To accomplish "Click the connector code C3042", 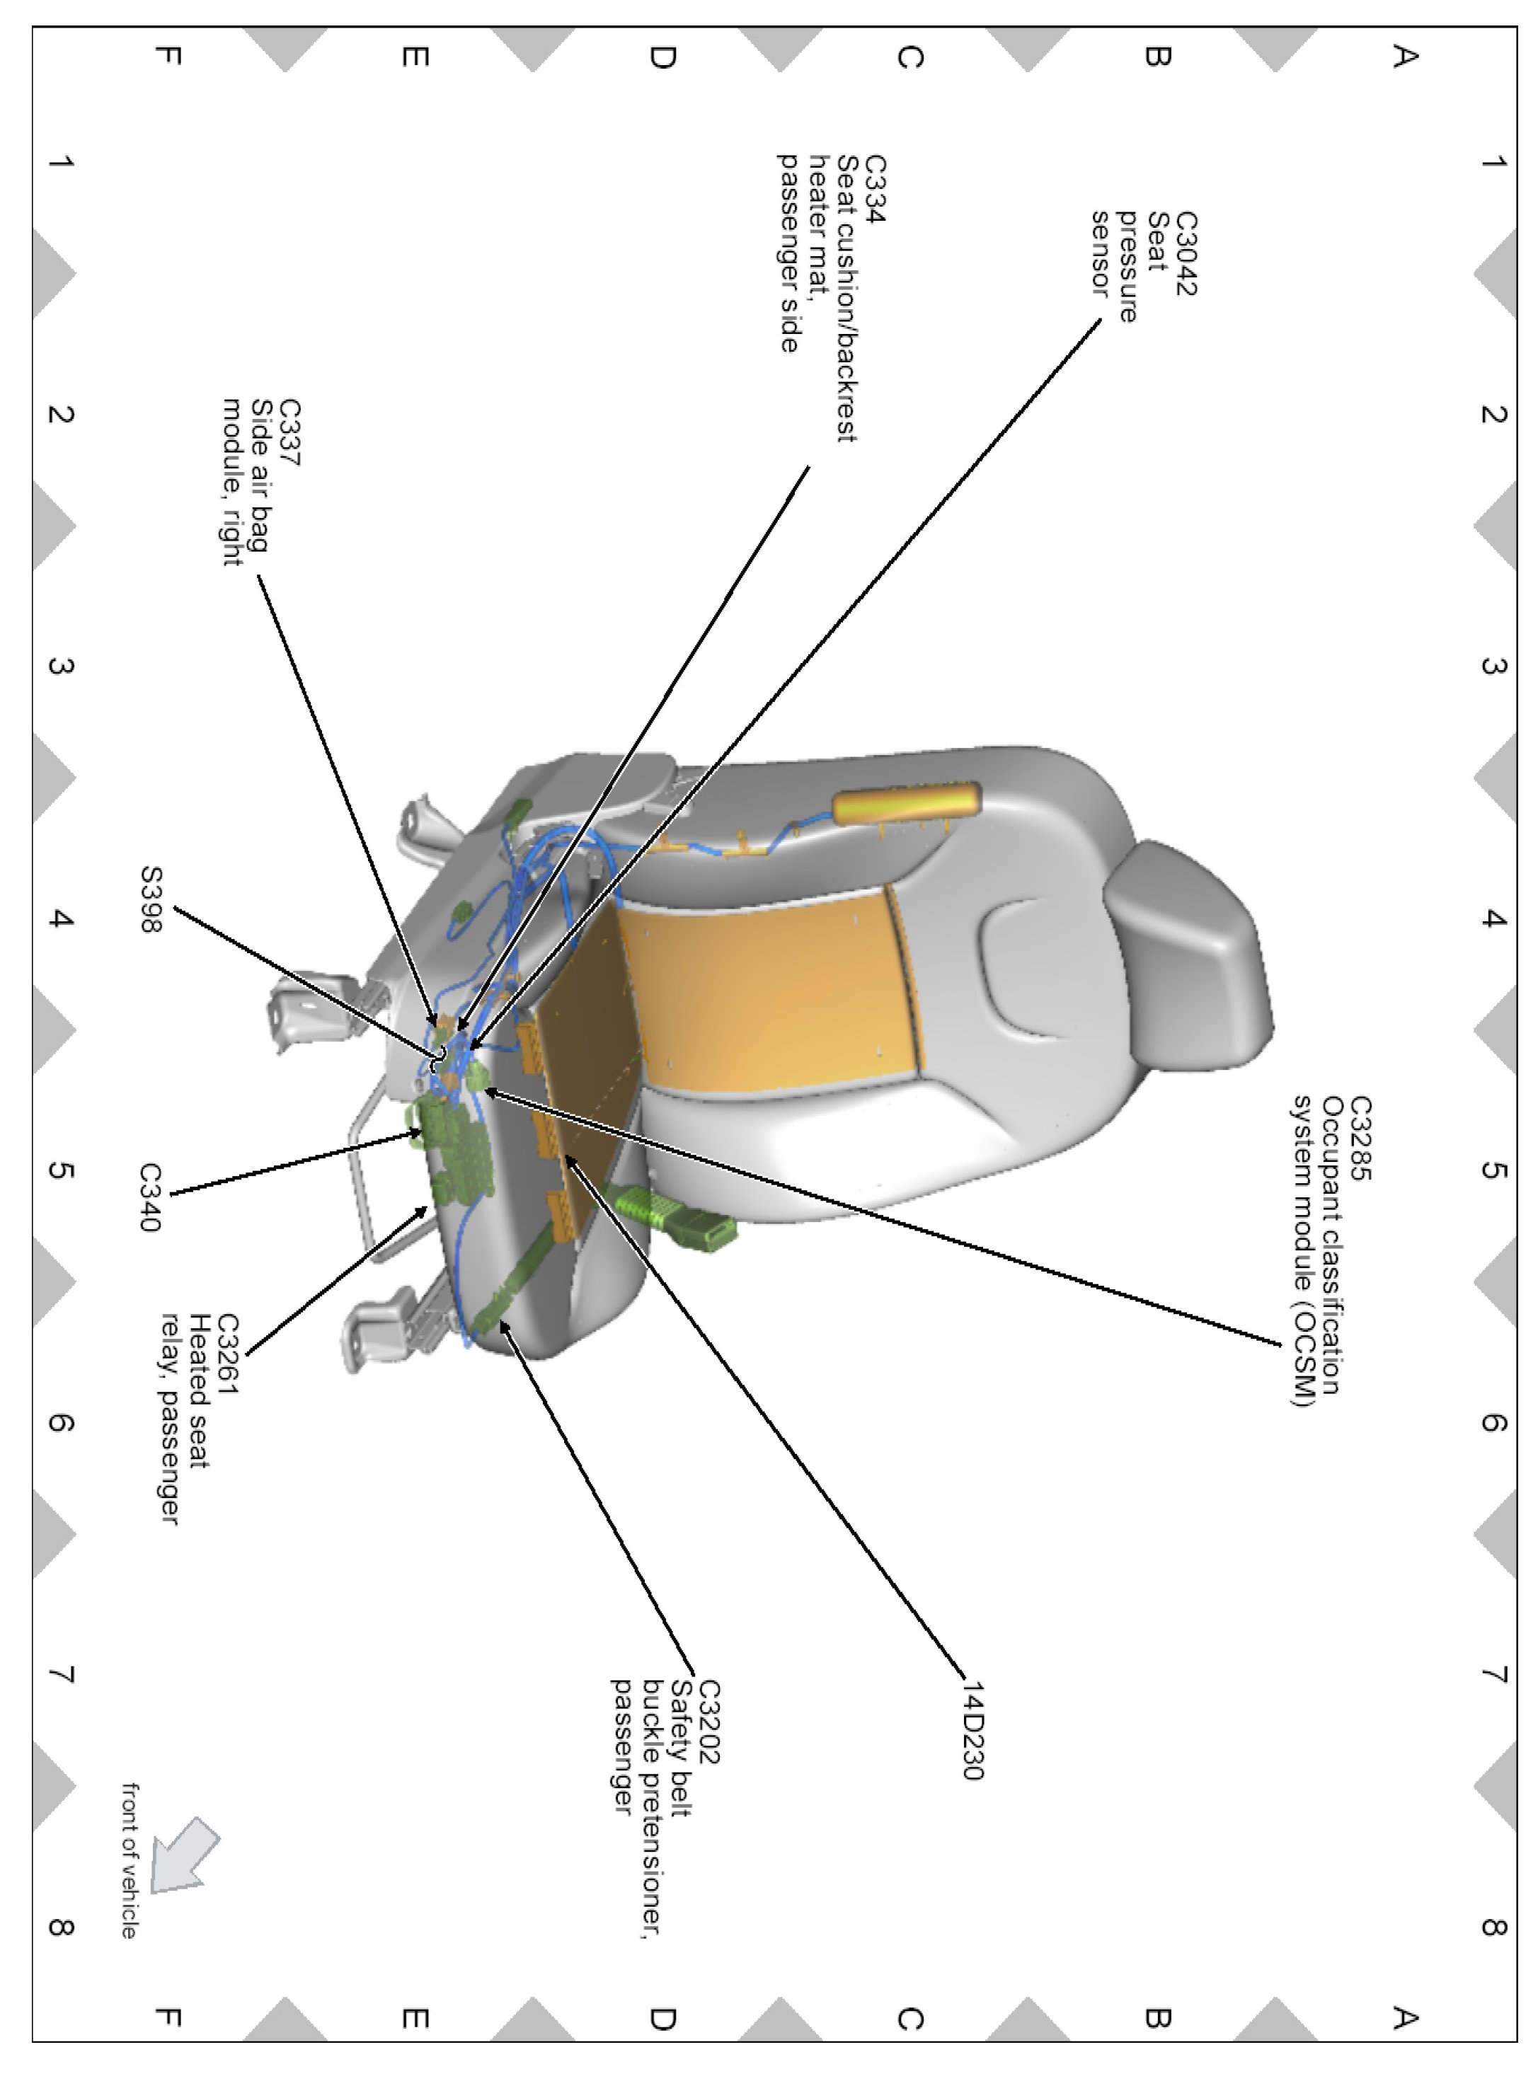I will [1185, 253].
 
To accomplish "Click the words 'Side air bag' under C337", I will [260, 475].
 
